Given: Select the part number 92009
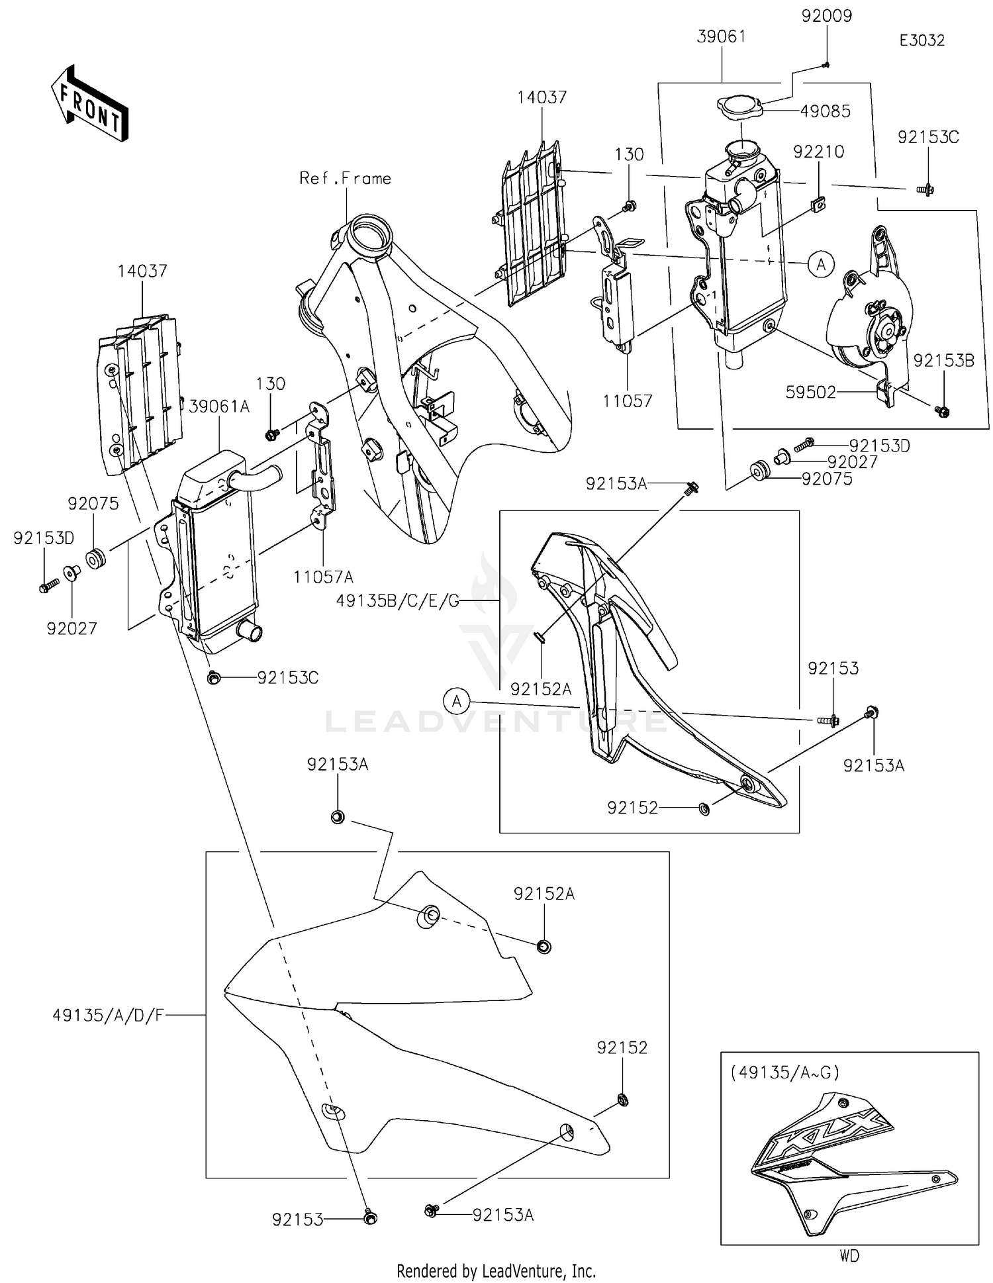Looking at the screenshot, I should (826, 16).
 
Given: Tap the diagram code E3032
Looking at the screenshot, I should (922, 40).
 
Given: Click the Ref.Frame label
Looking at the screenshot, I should (345, 178).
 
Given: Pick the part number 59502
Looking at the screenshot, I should (810, 393).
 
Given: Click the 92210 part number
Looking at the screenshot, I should (819, 152).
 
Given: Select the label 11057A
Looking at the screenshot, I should (323, 577).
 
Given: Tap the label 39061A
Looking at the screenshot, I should (219, 406).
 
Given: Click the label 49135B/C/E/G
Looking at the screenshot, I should (397, 601).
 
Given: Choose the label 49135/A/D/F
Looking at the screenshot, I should (108, 1015).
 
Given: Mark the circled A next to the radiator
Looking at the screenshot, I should (821, 265).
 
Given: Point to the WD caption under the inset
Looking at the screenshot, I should (849, 1255).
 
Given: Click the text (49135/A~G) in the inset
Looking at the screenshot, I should (784, 1072).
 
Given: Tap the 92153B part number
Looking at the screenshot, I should (943, 361).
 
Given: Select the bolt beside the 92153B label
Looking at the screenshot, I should (942, 411).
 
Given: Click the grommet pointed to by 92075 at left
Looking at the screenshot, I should (97, 559).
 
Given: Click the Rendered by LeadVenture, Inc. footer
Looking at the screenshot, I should (496, 1270).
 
